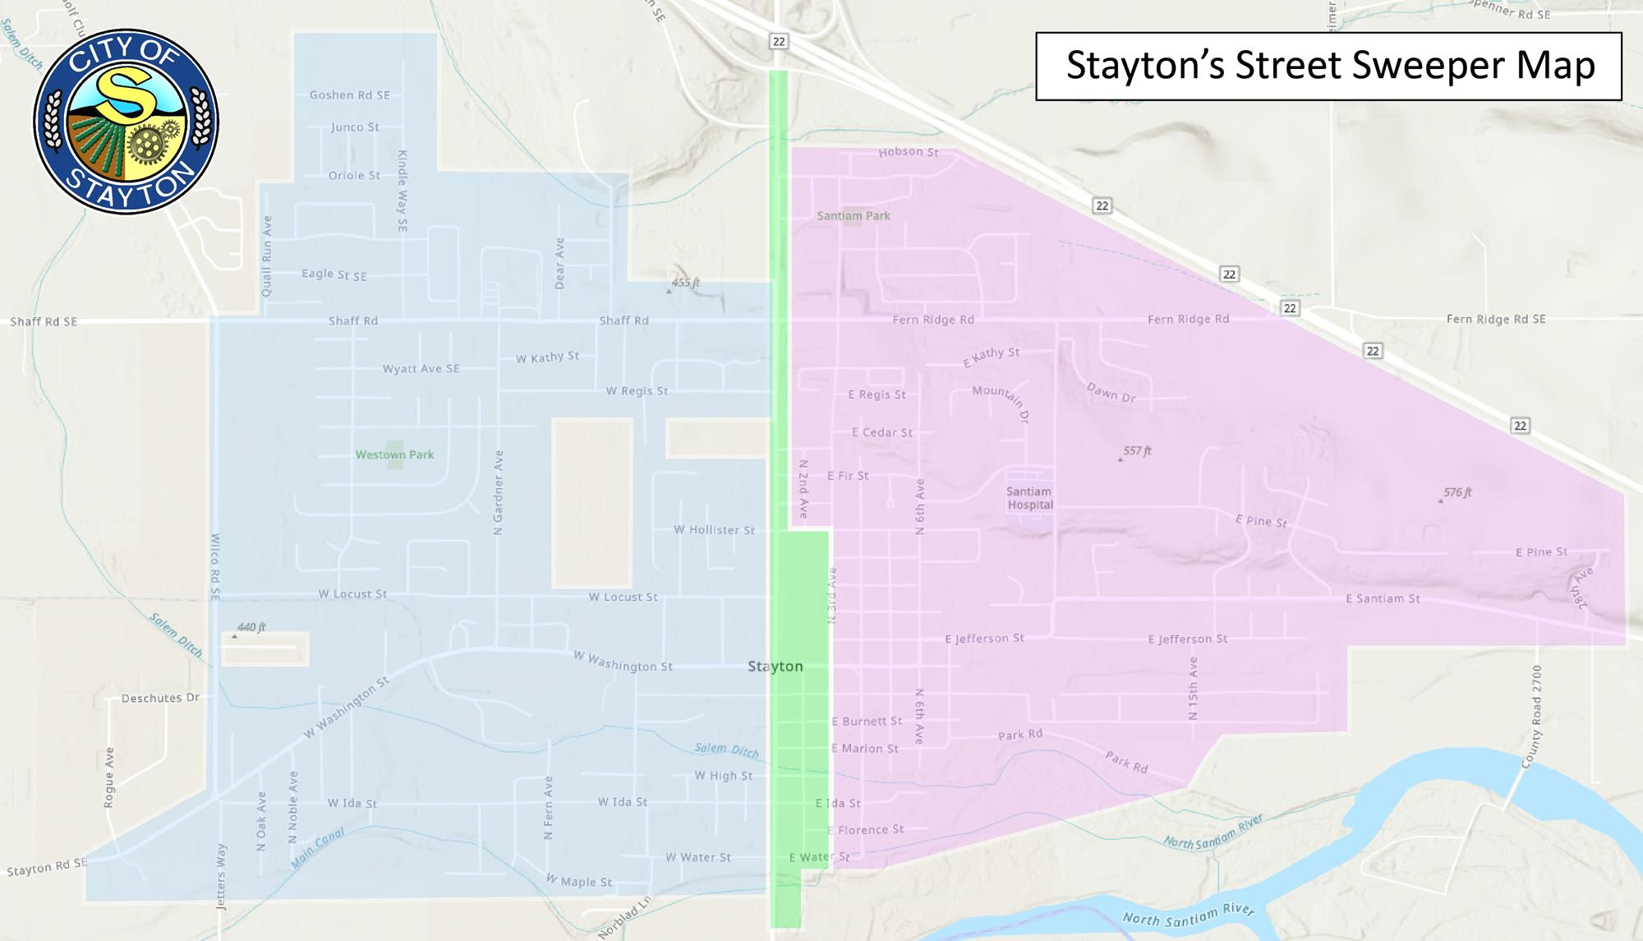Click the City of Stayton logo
(x=126, y=122)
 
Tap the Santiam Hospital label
(x=1029, y=498)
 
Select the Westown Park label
(x=394, y=454)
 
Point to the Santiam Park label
(x=854, y=216)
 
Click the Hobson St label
(x=908, y=152)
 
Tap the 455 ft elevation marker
(x=684, y=283)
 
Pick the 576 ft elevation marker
(x=1457, y=492)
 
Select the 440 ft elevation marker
(x=251, y=627)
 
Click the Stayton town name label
(x=775, y=667)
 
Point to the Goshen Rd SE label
(x=349, y=95)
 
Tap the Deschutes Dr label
(x=160, y=698)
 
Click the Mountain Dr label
(x=1001, y=401)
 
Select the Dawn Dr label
(x=1111, y=392)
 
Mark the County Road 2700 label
(x=1532, y=717)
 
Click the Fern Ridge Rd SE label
(x=1495, y=319)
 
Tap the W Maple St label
(x=579, y=881)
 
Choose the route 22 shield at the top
(x=779, y=41)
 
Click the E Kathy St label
(x=992, y=356)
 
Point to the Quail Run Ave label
(x=266, y=256)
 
